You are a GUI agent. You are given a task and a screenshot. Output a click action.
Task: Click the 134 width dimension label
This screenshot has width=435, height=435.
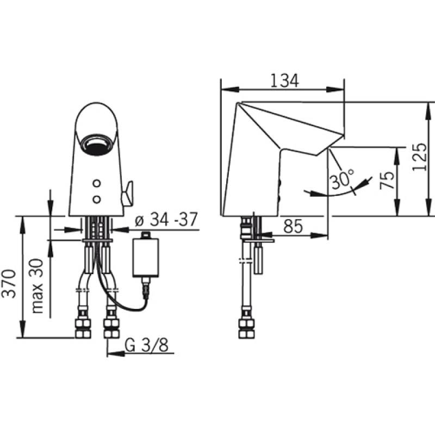[x=284, y=81]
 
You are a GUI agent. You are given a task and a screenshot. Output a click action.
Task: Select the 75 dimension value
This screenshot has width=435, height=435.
[x=387, y=181]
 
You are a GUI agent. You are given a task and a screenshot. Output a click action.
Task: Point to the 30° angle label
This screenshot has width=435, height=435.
[x=343, y=179]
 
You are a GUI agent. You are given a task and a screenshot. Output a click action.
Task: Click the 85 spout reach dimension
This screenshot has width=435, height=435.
[x=293, y=226]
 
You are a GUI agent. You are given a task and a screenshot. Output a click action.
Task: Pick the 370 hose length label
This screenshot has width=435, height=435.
[x=9, y=283]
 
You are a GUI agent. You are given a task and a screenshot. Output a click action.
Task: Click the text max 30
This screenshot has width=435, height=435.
[x=38, y=286]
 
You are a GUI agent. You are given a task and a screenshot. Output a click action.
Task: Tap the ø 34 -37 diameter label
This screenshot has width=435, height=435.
[x=166, y=220]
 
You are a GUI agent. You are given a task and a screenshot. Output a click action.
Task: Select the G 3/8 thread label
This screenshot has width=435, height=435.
[x=146, y=345]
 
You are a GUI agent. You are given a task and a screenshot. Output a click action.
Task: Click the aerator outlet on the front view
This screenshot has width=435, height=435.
[x=96, y=144]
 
